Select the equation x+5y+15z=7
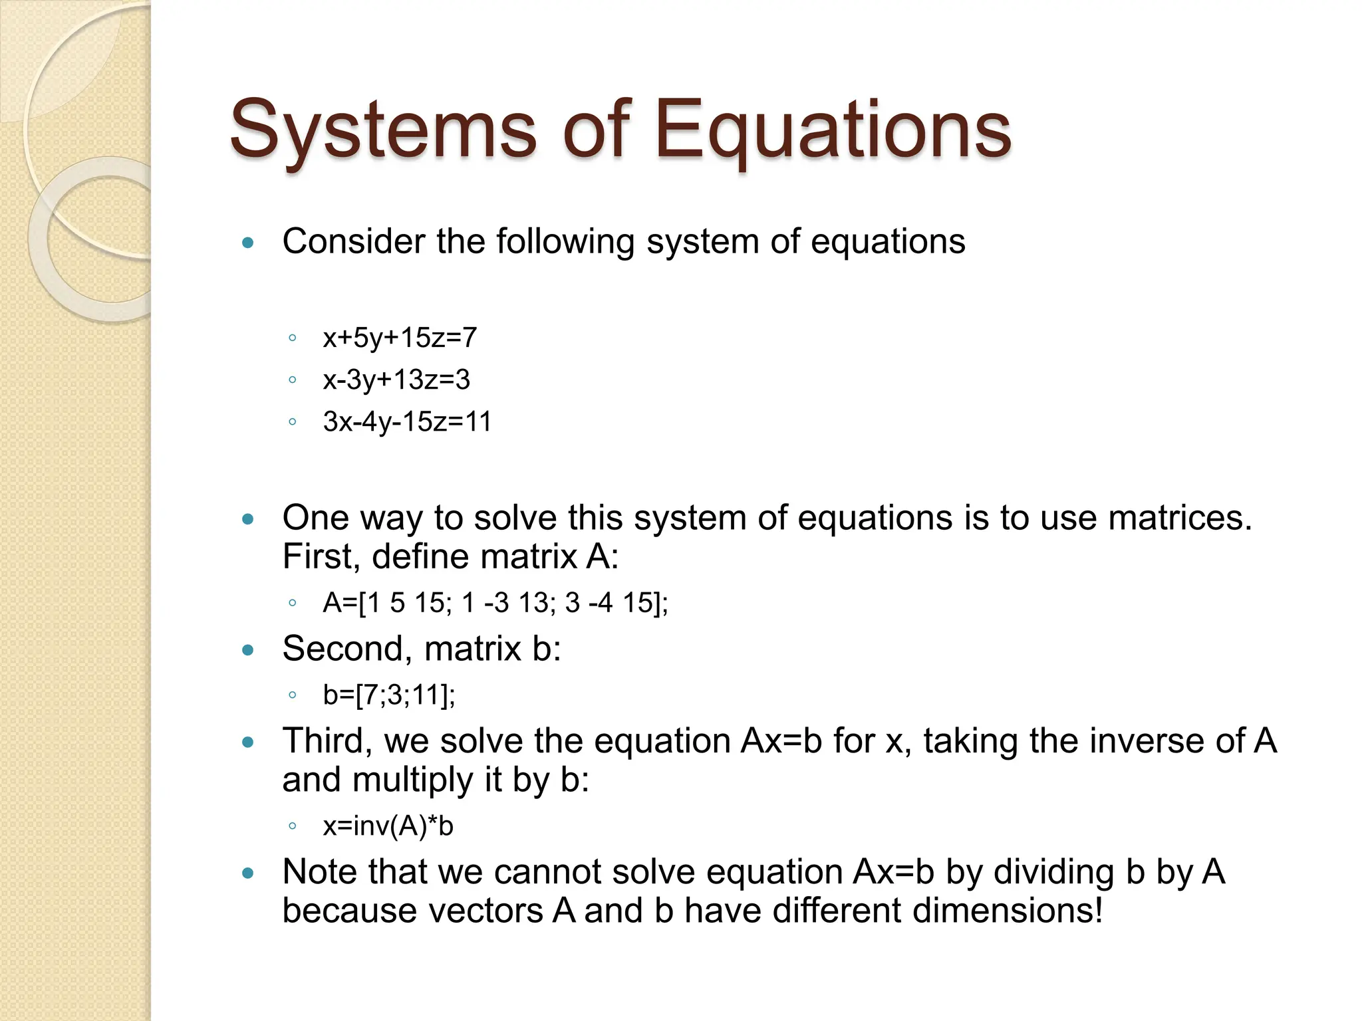point(400,338)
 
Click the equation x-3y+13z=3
point(396,380)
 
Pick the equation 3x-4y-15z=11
point(407,422)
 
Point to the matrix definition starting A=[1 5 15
point(495,604)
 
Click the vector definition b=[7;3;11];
point(389,695)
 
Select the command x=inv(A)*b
point(388,826)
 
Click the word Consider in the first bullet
point(353,241)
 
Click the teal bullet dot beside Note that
point(248,873)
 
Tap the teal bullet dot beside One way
point(248,519)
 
